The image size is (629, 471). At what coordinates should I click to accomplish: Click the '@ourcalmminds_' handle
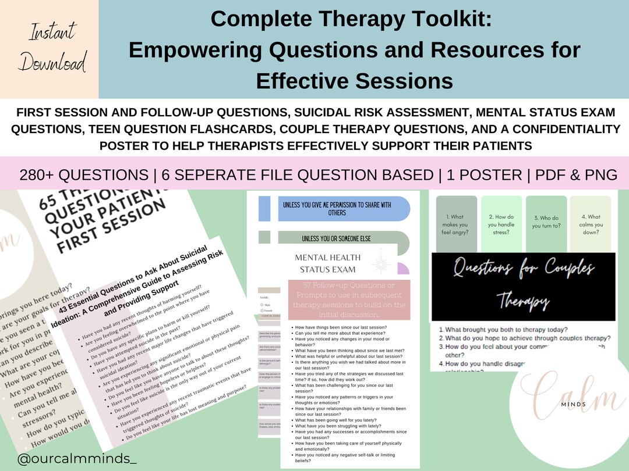point(76,459)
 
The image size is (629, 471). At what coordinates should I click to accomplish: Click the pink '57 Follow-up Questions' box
point(349,299)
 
